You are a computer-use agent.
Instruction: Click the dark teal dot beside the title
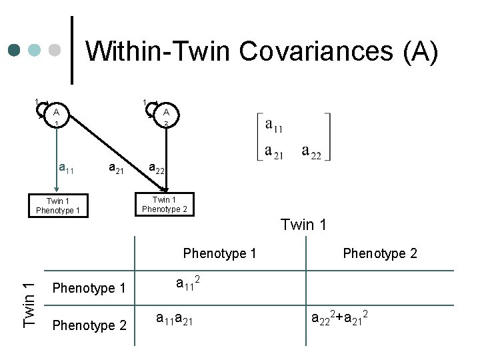point(15,51)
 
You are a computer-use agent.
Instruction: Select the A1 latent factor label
point(57,117)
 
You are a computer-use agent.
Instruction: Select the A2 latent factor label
point(165,117)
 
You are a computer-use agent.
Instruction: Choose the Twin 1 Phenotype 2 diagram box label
point(165,204)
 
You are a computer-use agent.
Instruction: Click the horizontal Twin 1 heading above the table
point(303,225)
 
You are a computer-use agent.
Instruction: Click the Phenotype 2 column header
point(380,253)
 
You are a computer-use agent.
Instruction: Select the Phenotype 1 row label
point(89,289)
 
